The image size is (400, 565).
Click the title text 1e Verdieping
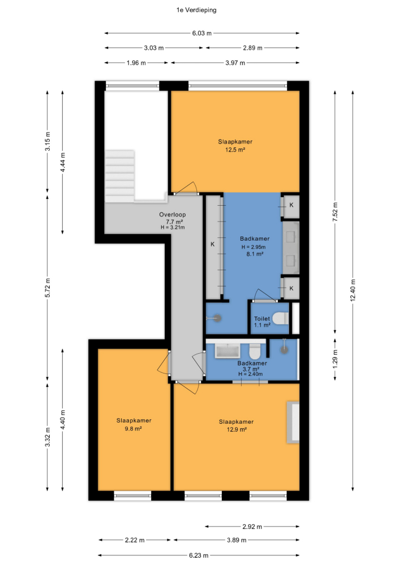pos(196,10)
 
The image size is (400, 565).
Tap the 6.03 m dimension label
pos(201,33)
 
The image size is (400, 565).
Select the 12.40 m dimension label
pos(353,290)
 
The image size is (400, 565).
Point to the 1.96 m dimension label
pos(136,63)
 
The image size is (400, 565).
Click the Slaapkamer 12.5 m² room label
pos(235,146)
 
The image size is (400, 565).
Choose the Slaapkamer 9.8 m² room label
pos(134,424)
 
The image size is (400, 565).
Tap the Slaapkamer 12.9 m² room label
pos(236,425)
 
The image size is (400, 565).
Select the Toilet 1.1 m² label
pos(262,322)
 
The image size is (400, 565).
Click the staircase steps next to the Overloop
pos(120,176)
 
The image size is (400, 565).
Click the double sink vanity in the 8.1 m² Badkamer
pos(291,248)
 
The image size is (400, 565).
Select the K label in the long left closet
pos(212,244)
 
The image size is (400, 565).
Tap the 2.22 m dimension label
pos(135,540)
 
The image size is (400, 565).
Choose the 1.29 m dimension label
pos(335,359)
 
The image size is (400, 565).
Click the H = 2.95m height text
pos(253,247)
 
